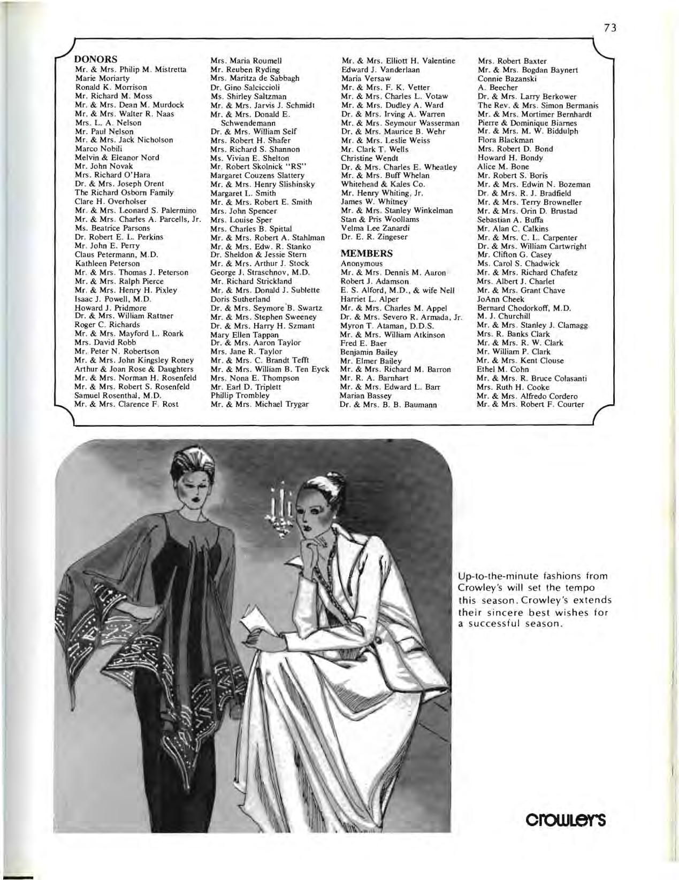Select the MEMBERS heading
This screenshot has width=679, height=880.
click(367, 253)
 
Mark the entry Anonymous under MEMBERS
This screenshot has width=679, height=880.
click(362, 264)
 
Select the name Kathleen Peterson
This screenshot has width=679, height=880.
click(107, 264)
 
